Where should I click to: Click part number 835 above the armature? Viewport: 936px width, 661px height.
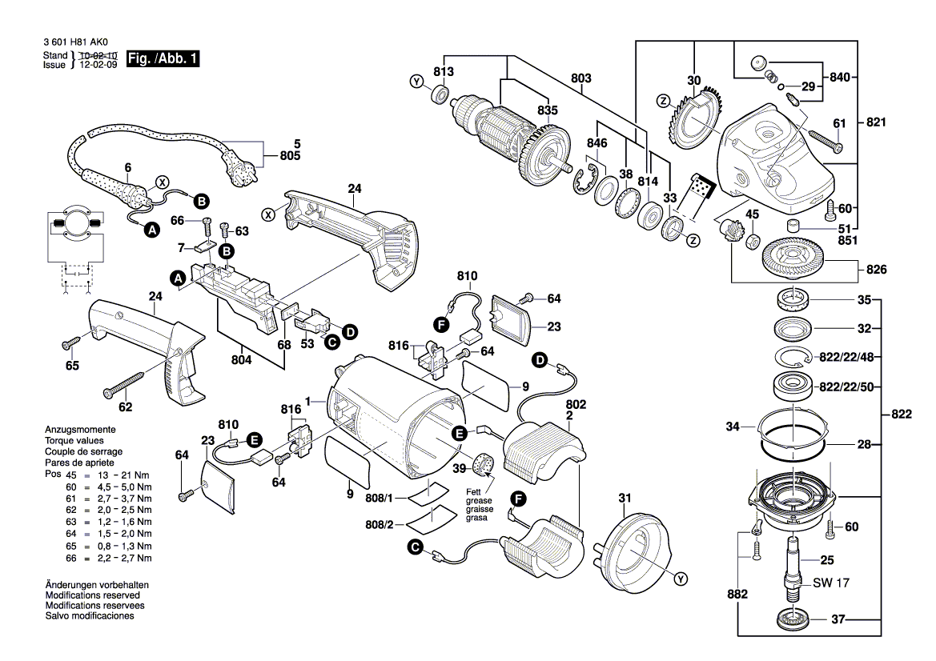coord(547,110)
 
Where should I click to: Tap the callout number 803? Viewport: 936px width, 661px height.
coord(581,78)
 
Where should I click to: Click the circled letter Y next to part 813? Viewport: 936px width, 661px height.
coord(416,82)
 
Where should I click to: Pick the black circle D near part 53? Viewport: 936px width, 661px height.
coord(350,330)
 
